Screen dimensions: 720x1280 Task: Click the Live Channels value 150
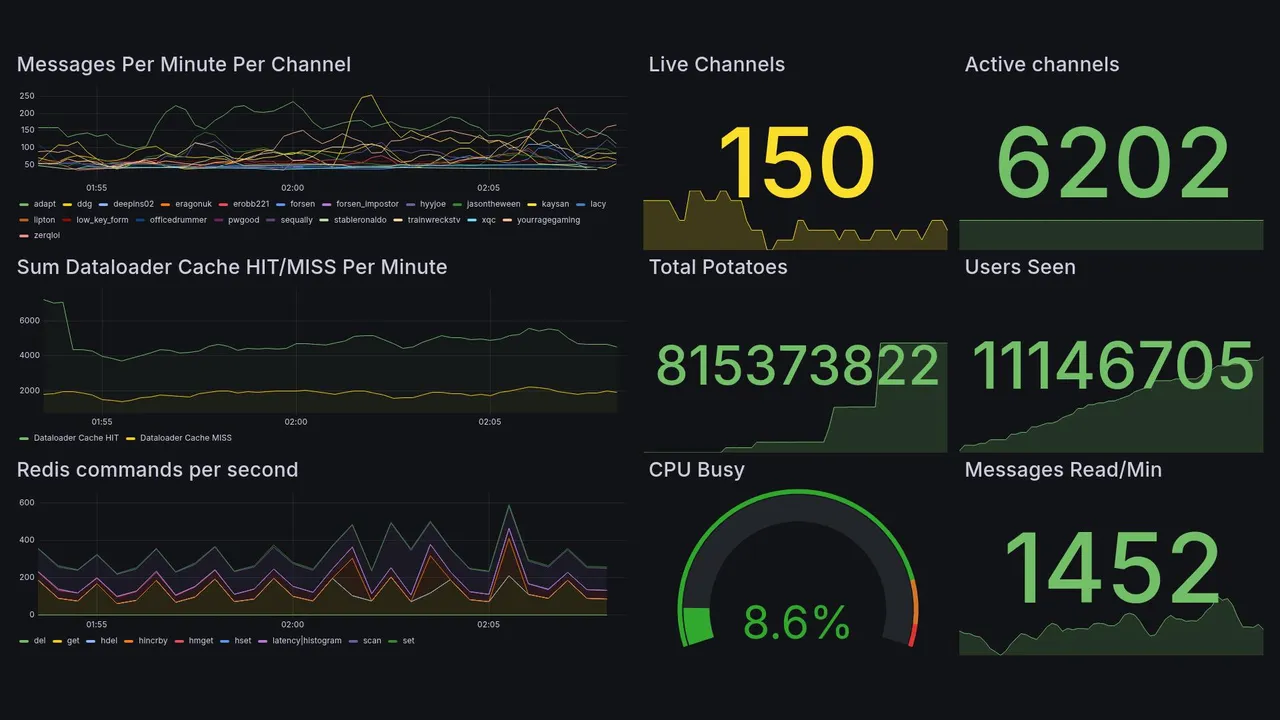point(796,163)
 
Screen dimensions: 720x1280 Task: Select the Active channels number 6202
point(1112,163)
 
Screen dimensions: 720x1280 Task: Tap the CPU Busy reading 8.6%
point(796,623)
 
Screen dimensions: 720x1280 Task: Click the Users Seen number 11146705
point(1112,366)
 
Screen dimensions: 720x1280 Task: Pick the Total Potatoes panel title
point(718,267)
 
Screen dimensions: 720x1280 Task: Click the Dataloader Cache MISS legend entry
point(185,438)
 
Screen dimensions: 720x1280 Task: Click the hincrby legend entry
point(152,641)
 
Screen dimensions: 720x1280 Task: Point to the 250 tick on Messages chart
point(27,96)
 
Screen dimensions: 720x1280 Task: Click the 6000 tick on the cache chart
point(28,320)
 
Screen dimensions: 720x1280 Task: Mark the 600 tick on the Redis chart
point(27,502)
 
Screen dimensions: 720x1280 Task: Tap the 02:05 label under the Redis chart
point(489,625)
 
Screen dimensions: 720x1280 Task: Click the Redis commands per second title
point(157,470)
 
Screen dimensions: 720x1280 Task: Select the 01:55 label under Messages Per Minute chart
point(97,188)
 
